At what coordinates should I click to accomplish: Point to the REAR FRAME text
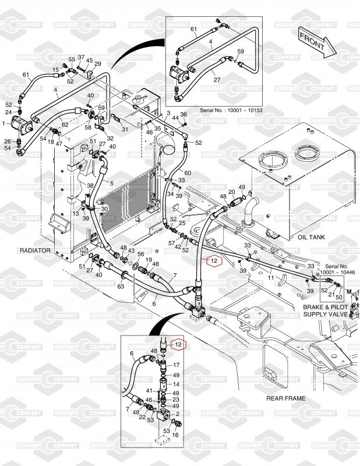(x=285, y=398)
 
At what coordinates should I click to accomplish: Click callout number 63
(x=121, y=286)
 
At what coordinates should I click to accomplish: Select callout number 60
(x=188, y=173)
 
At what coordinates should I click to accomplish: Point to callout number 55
(x=72, y=60)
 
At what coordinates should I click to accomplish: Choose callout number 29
(x=97, y=63)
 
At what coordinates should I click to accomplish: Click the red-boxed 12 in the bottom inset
(x=179, y=345)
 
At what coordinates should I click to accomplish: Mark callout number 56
(x=140, y=255)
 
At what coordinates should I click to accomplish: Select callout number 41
(x=149, y=391)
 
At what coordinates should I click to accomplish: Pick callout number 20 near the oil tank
(x=231, y=192)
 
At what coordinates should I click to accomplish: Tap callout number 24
(x=8, y=111)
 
